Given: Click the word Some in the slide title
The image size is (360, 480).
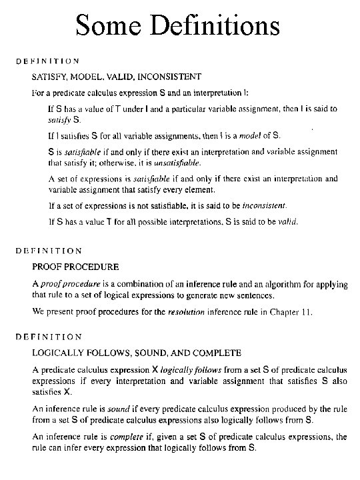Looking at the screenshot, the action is tap(107, 26).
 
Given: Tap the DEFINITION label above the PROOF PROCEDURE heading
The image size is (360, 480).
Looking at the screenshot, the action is tap(49, 251).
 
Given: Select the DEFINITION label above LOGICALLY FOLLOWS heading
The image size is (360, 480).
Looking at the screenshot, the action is tap(49, 337).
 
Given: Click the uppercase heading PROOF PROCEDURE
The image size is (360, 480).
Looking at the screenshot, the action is tap(75, 267).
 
